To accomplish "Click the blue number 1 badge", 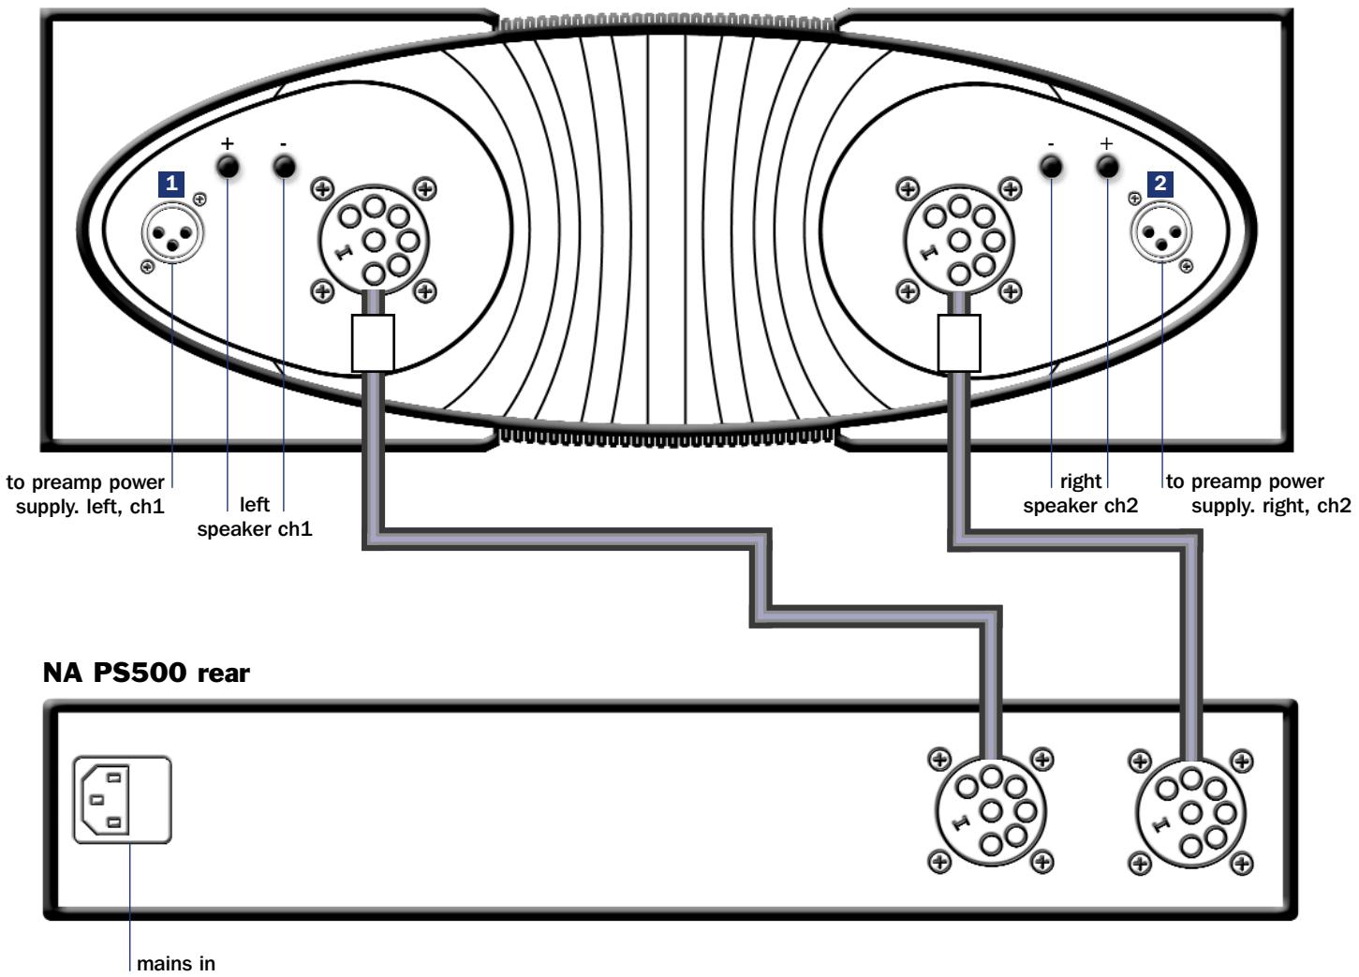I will coord(170,184).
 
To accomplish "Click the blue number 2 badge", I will coord(1160,184).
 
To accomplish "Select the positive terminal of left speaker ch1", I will coord(228,167).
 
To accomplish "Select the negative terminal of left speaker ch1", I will coord(283,167).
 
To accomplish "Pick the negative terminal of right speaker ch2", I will coord(1052,167).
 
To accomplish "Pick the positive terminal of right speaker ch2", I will coord(1107,167).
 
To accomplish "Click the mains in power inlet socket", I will coord(123,801).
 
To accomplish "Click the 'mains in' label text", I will coord(176,962).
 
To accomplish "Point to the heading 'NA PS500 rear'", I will coord(146,673).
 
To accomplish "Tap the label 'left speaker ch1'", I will coord(255,516).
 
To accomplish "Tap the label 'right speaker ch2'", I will coord(1081,494).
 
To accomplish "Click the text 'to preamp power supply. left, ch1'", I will coord(86,494).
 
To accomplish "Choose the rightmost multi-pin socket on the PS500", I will coord(1190,811).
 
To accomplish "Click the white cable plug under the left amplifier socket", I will coord(373,343).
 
